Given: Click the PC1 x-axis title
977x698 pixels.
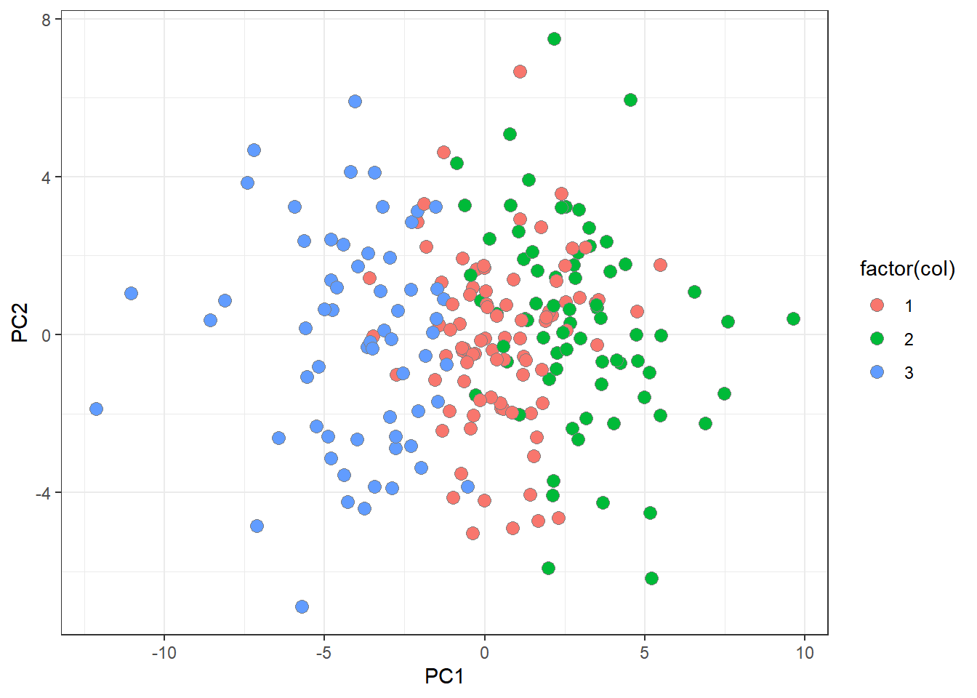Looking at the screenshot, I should (444, 677).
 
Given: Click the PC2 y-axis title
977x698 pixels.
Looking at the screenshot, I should (20, 323).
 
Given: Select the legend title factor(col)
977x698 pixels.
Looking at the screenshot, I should (906, 269).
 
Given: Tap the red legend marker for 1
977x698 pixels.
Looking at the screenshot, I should (877, 305).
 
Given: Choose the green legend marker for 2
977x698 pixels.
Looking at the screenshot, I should (877, 339).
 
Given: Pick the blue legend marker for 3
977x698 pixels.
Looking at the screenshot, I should (877, 372).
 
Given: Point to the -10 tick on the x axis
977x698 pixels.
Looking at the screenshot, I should (164, 653).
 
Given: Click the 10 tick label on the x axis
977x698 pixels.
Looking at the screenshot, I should (804, 653).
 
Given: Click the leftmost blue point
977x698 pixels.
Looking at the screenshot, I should (96, 409).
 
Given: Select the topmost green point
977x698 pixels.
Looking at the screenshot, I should (554, 39).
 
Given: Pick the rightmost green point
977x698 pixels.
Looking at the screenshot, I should (793, 319).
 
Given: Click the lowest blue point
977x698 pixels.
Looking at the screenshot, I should (302, 606).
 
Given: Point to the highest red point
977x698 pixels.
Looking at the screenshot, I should (520, 71).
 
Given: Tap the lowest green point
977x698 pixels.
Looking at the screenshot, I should (651, 579).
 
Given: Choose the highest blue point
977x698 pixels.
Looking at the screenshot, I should (355, 102).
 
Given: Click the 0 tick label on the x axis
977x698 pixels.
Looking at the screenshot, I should (484, 653).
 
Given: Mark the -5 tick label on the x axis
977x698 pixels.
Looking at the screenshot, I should (324, 653).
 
